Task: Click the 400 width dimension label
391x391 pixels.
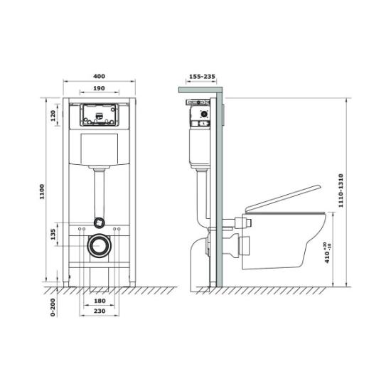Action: click(x=99, y=76)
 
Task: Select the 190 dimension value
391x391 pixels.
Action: click(x=99, y=88)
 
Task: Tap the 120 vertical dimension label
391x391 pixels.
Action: click(x=53, y=116)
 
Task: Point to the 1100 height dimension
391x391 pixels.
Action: click(x=42, y=191)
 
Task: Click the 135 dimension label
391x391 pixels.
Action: click(x=53, y=235)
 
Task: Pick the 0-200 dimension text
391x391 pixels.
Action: click(x=53, y=307)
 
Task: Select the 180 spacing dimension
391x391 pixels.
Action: click(x=100, y=301)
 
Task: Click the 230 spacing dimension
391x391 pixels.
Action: click(x=100, y=311)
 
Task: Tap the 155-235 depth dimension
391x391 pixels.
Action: click(x=202, y=76)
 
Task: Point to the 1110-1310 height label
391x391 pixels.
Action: click(x=341, y=191)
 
